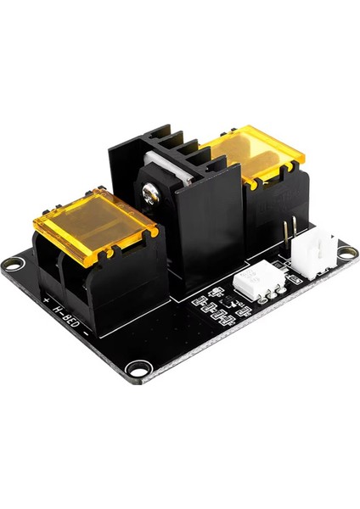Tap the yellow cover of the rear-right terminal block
coord(254,159)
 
